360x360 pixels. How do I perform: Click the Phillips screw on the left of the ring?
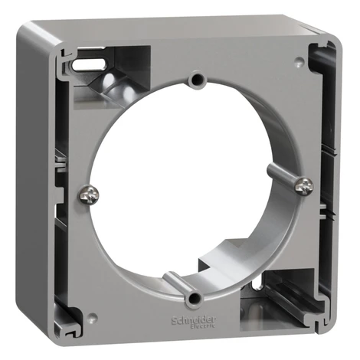click(x=89, y=195)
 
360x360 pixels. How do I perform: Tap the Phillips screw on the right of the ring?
click(x=304, y=186)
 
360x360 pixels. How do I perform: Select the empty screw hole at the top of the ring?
click(x=198, y=80)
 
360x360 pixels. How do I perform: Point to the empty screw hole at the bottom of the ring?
click(x=194, y=297)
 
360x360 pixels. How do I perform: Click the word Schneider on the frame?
click(x=194, y=319)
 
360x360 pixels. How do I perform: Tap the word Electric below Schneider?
click(x=203, y=326)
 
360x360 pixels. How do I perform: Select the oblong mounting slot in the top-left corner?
click(x=89, y=64)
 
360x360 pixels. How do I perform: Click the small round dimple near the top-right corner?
click(x=299, y=61)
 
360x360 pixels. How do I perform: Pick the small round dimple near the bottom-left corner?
click(x=92, y=317)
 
